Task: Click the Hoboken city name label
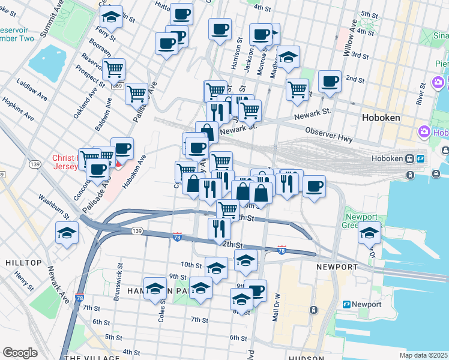(x=381, y=118)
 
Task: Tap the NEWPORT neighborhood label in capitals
(x=337, y=266)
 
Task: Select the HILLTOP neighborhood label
(x=23, y=263)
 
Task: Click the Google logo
(x=20, y=353)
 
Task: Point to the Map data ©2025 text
(x=424, y=355)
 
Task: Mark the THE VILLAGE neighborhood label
(x=88, y=358)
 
